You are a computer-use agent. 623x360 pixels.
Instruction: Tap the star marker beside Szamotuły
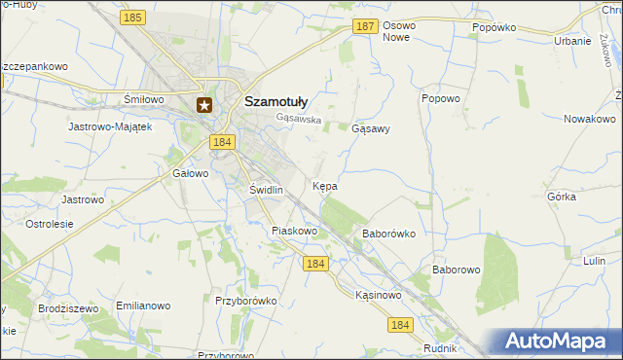click(204, 105)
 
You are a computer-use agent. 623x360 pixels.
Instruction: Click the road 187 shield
click(364, 28)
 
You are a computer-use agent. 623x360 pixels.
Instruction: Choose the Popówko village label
click(493, 28)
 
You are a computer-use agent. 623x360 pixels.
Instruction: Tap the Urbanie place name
click(572, 41)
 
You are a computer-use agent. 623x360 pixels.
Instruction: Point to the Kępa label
click(325, 185)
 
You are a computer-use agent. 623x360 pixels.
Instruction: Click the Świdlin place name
click(266, 190)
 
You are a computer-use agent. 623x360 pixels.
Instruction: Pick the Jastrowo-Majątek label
click(110, 126)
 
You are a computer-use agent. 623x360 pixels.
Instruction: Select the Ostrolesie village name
click(50, 224)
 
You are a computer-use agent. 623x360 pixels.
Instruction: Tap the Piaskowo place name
click(295, 231)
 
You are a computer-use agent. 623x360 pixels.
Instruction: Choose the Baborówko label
click(389, 234)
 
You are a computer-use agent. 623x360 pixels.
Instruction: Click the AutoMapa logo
click(556, 341)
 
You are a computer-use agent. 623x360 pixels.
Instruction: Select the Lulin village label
click(594, 261)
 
